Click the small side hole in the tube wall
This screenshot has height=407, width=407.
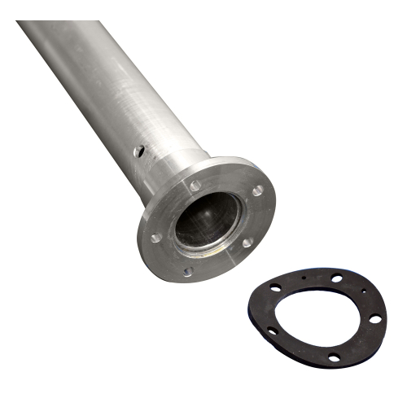pyautogui.click(x=140, y=151)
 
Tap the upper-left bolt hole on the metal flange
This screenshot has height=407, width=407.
pyautogui.click(x=195, y=186)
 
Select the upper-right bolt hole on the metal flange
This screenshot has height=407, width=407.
pyautogui.click(x=257, y=190)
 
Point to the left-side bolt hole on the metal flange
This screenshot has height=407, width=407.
pyautogui.click(x=155, y=238)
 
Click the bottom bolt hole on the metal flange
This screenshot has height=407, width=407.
pyautogui.click(x=188, y=271)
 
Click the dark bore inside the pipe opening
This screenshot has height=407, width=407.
pyautogui.click(x=207, y=220)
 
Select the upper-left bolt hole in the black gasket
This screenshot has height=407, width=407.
pyautogui.click(x=277, y=287)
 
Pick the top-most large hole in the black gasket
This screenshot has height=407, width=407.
pyautogui.click(x=337, y=278)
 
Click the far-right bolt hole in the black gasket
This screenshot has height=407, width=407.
pyautogui.click(x=374, y=319)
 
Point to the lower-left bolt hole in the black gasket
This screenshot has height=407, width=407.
pyautogui.click(x=273, y=330)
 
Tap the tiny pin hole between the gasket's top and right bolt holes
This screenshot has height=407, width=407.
pyautogui.click(x=362, y=292)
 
